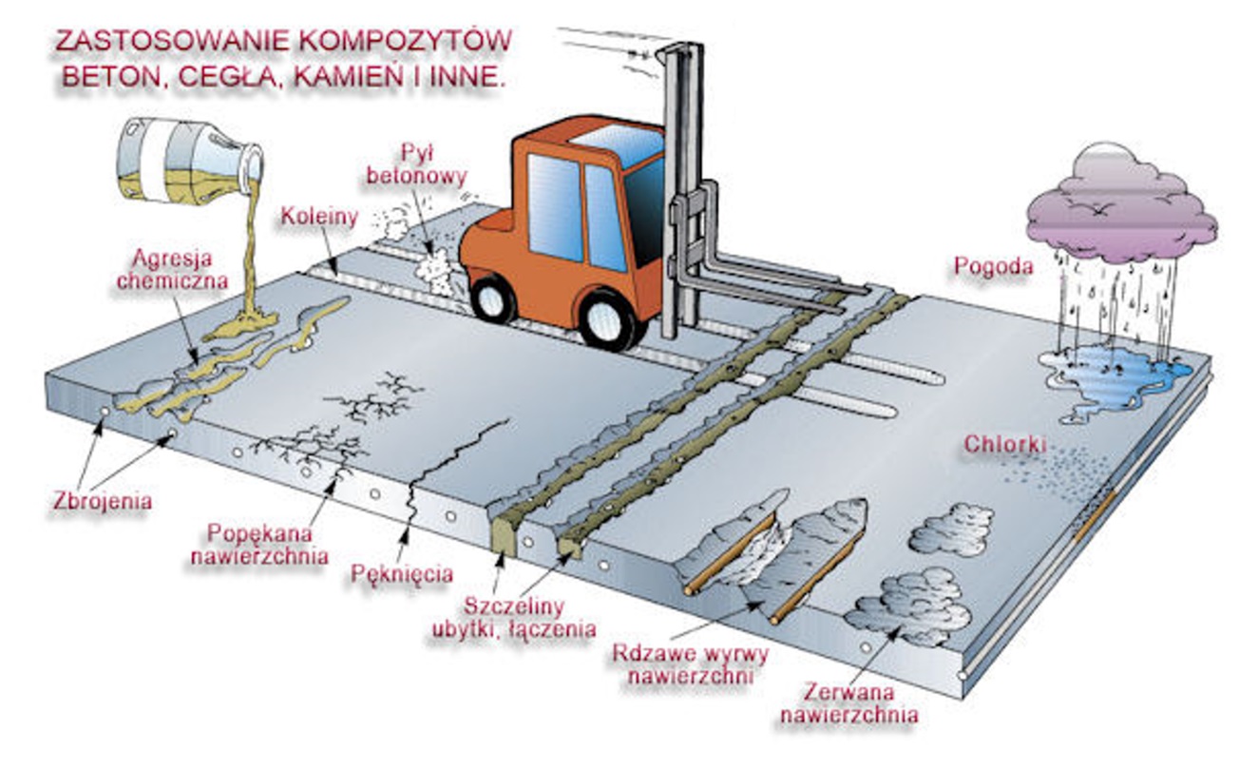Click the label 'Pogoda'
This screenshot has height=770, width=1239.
tap(993, 266)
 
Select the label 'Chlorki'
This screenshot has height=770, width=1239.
tap(1005, 444)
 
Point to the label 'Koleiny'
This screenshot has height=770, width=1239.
tap(319, 217)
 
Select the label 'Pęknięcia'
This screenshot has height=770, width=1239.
tap(402, 574)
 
